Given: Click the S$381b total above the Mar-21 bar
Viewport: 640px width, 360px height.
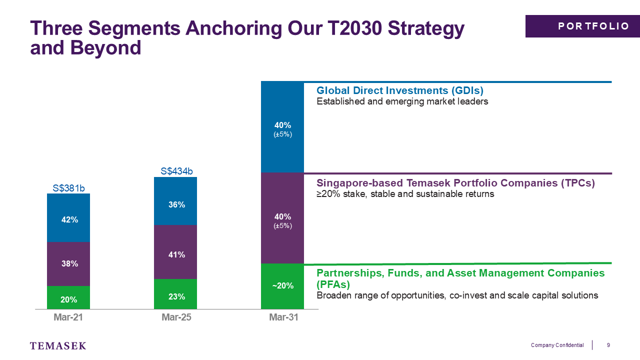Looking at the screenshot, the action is (x=68, y=188).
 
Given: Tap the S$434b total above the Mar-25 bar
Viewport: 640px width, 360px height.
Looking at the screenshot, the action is (x=176, y=171).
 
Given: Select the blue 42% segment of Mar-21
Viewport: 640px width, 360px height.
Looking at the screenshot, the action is (x=68, y=217).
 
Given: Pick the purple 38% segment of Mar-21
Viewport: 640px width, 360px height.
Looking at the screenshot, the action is (x=68, y=264).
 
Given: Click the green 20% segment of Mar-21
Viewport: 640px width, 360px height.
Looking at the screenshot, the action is (x=68, y=297).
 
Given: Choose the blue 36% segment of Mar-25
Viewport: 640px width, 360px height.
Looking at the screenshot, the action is (x=175, y=201).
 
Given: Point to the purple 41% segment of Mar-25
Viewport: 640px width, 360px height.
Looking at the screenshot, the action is (x=175, y=252).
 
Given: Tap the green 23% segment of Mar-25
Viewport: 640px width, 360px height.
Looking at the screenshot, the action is (x=175, y=294).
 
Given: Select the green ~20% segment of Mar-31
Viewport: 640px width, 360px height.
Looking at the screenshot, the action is (x=282, y=286).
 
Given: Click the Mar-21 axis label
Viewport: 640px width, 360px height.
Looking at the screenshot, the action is (x=68, y=317).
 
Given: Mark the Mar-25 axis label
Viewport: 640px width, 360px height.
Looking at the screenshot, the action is (x=176, y=317).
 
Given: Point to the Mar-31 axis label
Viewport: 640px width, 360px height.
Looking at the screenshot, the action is (x=283, y=317).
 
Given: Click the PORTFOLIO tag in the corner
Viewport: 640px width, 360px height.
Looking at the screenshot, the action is (x=582, y=26).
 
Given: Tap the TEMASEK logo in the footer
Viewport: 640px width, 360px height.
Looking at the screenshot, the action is (x=58, y=345).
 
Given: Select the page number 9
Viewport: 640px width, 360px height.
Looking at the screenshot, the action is (x=608, y=345).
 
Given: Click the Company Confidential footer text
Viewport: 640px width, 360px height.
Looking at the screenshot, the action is (x=557, y=345).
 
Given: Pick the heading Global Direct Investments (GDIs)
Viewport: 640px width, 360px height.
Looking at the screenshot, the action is (x=400, y=90).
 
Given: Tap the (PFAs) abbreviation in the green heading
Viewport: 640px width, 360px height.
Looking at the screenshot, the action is (x=333, y=284).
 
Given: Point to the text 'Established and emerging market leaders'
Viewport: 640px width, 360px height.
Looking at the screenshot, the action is (x=402, y=101).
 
